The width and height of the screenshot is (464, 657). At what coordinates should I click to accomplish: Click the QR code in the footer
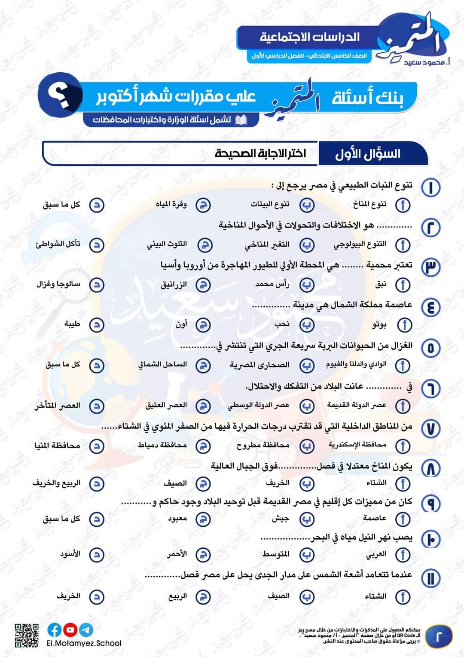(27, 635)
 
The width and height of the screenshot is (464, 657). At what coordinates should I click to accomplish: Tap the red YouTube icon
(70, 630)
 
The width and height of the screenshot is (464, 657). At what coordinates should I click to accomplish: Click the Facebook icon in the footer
(55, 630)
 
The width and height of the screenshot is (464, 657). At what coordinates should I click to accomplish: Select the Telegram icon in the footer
(86, 630)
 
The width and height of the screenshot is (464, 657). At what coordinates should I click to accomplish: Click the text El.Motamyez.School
(84, 643)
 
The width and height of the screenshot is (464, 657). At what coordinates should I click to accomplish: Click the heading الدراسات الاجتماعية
(310, 37)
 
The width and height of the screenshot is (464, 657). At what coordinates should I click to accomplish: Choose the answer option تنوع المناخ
(369, 204)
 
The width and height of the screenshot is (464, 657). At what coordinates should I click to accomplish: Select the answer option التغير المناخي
(267, 245)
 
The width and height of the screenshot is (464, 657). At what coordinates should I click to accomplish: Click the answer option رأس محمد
(272, 284)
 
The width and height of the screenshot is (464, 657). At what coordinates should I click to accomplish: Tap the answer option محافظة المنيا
(57, 445)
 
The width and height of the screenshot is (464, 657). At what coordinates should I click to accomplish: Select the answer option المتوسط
(276, 554)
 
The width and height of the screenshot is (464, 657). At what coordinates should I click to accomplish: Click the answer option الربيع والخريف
(56, 483)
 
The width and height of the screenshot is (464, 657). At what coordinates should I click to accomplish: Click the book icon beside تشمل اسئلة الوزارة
(241, 120)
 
